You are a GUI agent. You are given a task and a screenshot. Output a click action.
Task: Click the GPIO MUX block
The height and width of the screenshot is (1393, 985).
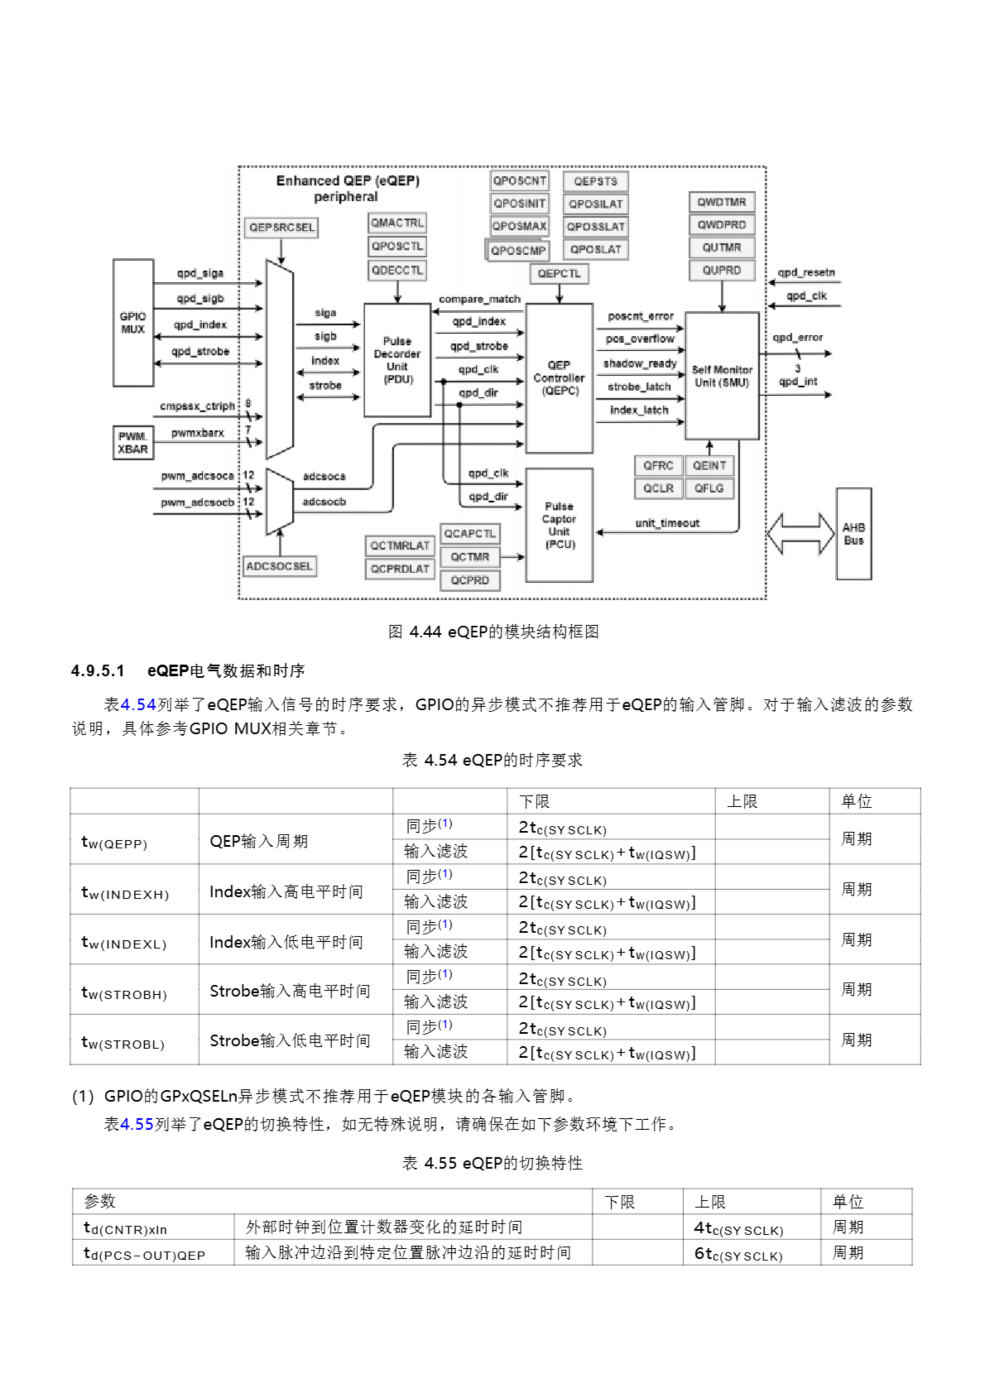(x=133, y=323)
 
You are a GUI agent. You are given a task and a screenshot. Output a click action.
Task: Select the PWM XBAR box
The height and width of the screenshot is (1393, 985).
(x=133, y=443)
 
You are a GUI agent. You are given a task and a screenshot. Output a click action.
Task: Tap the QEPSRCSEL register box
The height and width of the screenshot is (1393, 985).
(x=281, y=227)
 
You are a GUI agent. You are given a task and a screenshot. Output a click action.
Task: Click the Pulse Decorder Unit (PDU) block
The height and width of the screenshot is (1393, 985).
(x=397, y=360)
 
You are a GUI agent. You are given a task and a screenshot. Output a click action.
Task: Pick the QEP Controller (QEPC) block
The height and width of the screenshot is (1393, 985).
(x=559, y=378)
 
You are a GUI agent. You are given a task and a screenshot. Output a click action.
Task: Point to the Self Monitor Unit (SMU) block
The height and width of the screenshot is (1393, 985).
(x=722, y=376)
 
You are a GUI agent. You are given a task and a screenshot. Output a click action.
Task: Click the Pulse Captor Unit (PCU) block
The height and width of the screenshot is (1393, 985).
(x=559, y=525)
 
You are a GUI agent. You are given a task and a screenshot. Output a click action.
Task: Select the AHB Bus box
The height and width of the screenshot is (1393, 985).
(x=853, y=534)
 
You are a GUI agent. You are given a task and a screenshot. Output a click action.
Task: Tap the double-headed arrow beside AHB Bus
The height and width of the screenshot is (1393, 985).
(x=800, y=534)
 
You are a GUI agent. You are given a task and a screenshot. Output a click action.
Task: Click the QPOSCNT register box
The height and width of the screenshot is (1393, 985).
(x=520, y=181)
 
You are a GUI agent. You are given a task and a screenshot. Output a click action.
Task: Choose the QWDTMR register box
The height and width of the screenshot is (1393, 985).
(x=722, y=202)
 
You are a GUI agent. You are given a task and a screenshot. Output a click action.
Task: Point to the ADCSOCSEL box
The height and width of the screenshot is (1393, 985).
(x=280, y=566)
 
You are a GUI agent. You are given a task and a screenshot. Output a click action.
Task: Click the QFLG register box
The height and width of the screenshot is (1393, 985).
(x=709, y=489)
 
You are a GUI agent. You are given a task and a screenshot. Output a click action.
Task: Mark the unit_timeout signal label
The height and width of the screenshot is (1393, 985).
(x=667, y=523)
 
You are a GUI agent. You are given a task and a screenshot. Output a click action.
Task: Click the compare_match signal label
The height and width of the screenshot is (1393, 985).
(x=479, y=299)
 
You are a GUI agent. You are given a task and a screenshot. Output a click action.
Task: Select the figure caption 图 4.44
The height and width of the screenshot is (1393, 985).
(x=493, y=632)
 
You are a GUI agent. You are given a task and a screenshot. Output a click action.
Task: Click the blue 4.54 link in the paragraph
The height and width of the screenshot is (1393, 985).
(x=138, y=704)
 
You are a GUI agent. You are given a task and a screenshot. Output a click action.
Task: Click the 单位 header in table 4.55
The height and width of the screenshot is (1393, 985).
(x=848, y=1201)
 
